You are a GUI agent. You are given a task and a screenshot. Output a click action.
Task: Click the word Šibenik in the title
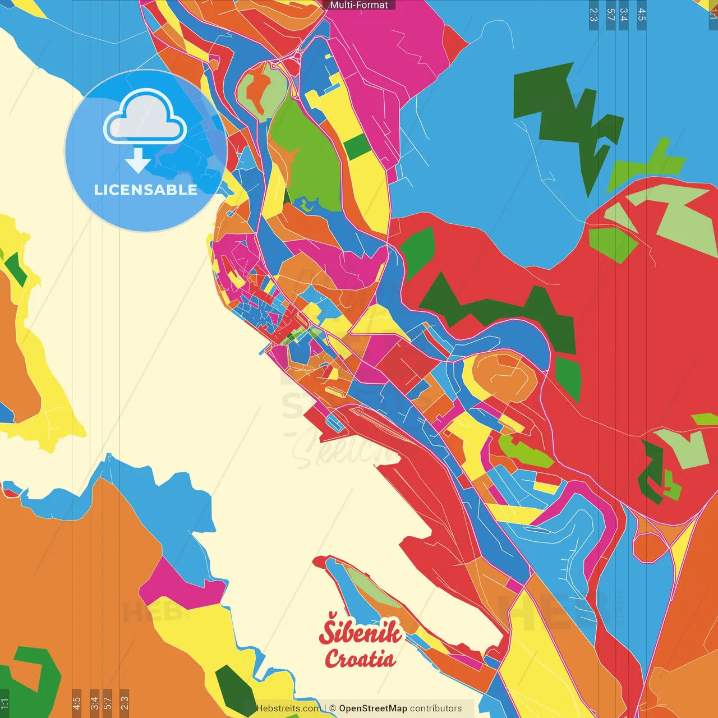(361, 632)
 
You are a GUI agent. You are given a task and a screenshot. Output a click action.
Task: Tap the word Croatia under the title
(360, 659)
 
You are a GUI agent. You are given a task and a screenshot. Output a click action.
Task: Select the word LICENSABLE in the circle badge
(146, 190)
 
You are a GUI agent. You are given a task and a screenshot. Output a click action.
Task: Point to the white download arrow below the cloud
(138, 160)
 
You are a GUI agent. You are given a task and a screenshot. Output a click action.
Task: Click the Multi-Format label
(359, 5)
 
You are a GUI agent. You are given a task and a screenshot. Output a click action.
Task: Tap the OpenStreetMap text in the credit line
(373, 708)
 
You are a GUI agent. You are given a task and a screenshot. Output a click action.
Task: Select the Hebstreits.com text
(288, 708)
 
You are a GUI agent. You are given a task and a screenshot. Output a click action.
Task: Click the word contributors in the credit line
(436, 708)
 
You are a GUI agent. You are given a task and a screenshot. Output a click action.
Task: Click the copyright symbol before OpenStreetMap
(333, 708)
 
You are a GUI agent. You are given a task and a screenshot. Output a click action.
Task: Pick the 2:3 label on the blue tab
(593, 15)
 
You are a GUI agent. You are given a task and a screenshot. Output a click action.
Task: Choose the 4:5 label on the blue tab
(642, 15)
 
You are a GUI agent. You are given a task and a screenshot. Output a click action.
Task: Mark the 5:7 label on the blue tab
(610, 15)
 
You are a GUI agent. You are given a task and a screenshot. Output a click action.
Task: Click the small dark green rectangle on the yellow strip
(357, 146)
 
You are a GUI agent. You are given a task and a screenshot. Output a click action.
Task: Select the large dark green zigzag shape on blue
(567, 118)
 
